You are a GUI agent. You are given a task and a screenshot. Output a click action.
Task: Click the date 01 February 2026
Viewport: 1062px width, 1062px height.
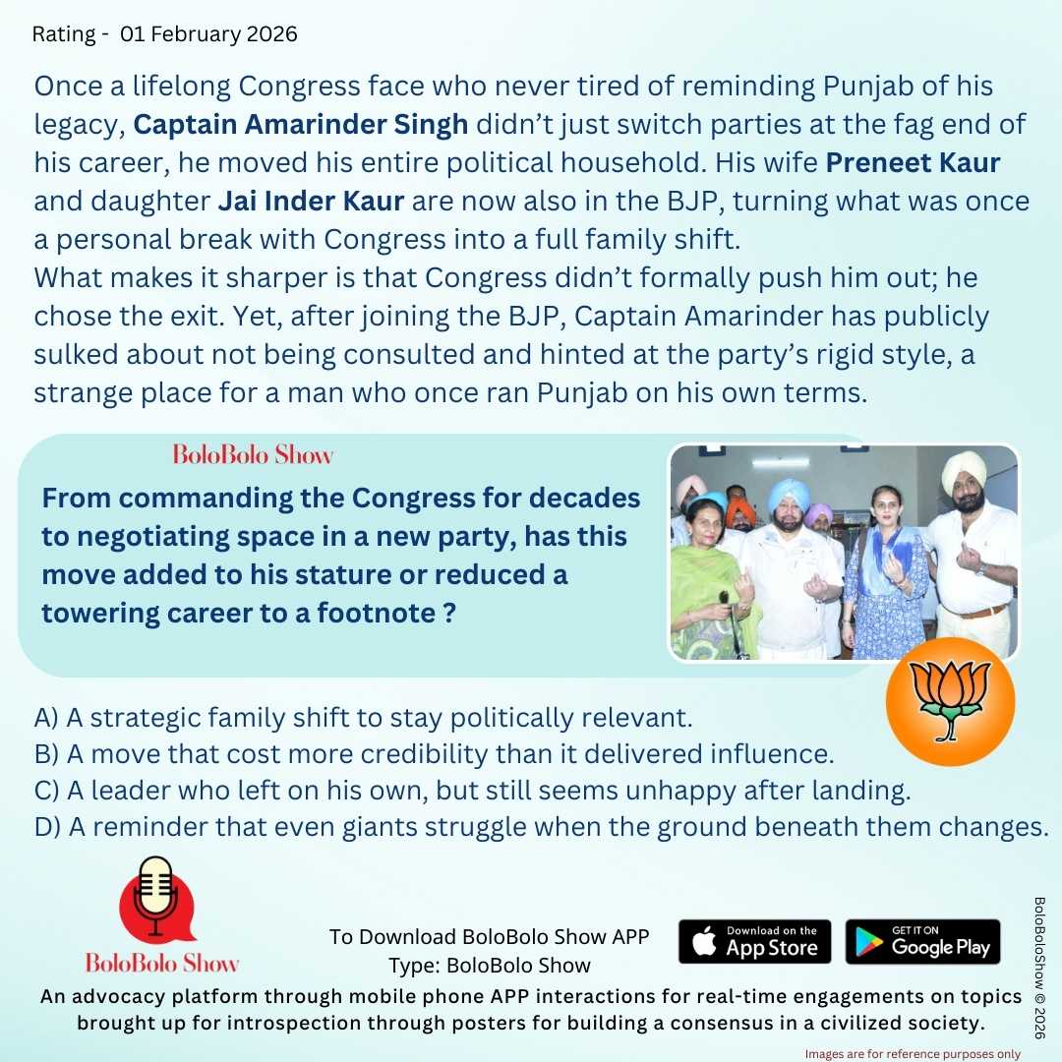208,34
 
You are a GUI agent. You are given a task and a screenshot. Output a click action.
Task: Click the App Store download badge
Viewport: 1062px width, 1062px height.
754,942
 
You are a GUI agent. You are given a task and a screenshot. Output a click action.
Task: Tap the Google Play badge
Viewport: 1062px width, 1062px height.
922,942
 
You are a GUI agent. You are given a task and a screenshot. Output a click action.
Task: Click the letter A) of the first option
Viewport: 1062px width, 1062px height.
46,717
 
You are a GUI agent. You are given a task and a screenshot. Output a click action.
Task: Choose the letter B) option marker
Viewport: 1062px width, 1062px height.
46,754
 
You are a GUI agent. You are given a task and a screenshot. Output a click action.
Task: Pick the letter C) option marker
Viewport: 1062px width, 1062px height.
46,791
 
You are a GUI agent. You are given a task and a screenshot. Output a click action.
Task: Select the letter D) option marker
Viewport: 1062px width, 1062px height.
47,828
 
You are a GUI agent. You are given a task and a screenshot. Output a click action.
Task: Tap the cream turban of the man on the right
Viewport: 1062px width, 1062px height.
964,473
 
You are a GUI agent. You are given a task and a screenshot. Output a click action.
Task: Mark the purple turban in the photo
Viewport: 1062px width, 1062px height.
817,512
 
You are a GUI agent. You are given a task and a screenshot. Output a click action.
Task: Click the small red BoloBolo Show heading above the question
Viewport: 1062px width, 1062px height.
253,454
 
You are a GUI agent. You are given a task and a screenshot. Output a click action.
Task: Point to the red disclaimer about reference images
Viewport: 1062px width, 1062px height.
913,1053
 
